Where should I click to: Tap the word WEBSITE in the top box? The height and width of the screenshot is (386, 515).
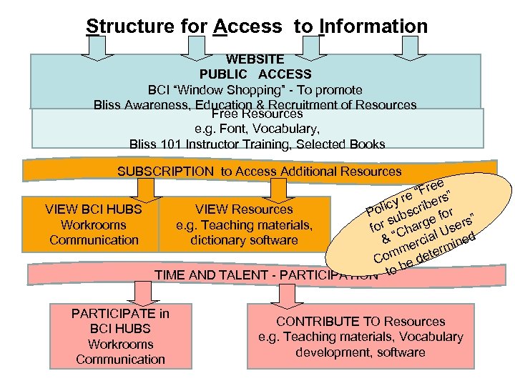tap(255, 59)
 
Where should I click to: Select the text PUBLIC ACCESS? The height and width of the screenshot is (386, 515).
tap(255, 74)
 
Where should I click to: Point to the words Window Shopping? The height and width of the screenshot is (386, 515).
tap(220, 90)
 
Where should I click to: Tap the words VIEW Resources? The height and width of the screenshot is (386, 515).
tap(245, 209)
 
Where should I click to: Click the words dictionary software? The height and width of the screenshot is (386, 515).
tap(244, 240)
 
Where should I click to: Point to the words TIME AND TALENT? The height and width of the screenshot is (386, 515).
tap(201, 274)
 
